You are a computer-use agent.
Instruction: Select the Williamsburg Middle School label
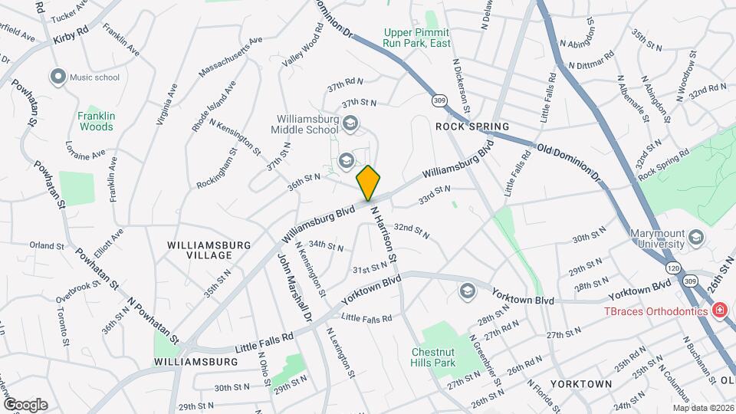314,124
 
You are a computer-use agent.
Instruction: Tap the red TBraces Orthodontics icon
719,310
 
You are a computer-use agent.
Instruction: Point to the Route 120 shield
673,268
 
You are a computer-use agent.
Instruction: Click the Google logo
25,404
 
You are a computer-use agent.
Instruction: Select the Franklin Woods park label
96,121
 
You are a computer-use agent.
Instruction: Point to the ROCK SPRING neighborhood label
472,126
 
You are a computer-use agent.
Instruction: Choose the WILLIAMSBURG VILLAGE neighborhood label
209,249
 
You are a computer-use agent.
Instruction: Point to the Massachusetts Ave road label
230,57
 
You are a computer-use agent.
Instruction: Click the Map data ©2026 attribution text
703,408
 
